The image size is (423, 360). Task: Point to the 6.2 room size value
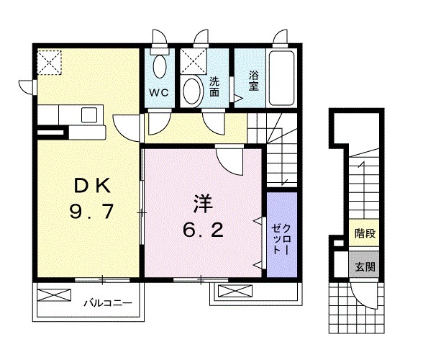(203, 230)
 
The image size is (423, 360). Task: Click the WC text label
(159, 93)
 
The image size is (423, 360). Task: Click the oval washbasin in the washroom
(192, 92)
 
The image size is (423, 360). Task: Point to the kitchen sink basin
(91, 115)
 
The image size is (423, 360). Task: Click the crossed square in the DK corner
(51, 61)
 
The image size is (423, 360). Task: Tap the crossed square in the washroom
(193, 62)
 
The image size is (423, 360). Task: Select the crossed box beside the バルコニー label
(54, 294)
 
